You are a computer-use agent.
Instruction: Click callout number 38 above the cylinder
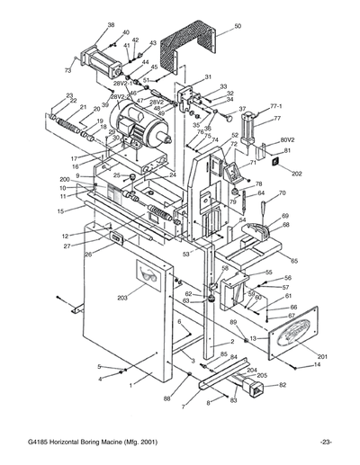click(111, 24)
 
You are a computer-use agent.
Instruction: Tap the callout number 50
click(238, 27)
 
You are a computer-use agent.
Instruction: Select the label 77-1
click(276, 105)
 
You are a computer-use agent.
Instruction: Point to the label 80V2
click(288, 139)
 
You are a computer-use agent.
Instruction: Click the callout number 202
click(297, 173)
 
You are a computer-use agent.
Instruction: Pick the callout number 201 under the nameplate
click(322, 357)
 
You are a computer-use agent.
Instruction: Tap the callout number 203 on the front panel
click(122, 296)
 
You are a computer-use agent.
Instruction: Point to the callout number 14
click(316, 364)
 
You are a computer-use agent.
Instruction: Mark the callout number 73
click(67, 70)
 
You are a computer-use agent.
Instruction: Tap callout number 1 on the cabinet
click(130, 383)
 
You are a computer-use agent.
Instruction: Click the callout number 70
click(282, 193)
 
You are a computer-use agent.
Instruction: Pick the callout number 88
click(166, 398)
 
